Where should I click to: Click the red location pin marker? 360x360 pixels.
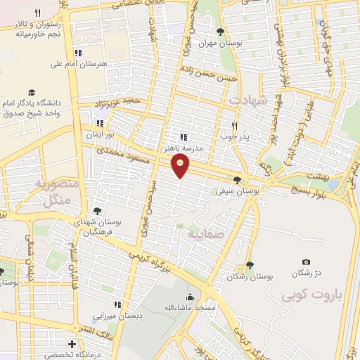181,165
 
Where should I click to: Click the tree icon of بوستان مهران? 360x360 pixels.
221,32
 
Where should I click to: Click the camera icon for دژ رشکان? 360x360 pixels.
306,262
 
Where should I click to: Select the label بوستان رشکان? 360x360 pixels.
250,277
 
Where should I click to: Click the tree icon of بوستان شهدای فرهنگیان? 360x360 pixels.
96,211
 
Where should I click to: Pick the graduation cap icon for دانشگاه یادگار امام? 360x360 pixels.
31,92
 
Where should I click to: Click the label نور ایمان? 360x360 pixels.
99,134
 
